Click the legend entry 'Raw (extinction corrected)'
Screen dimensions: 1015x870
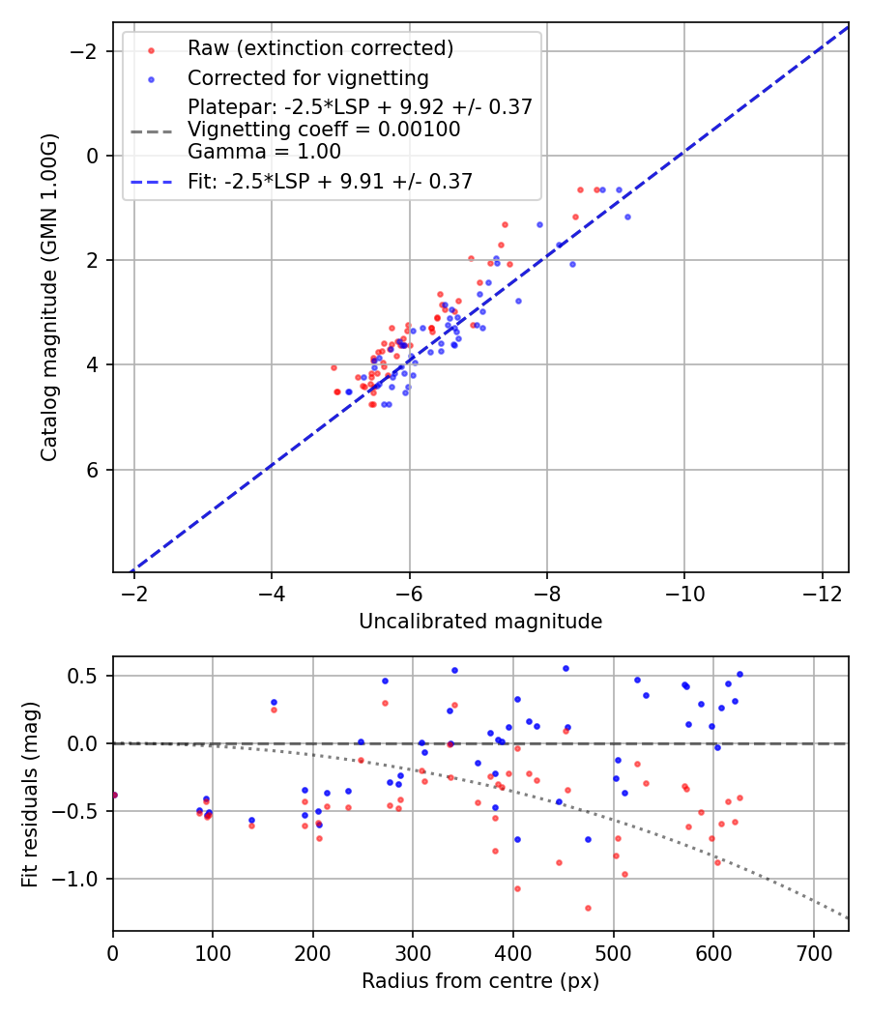click(x=320, y=48)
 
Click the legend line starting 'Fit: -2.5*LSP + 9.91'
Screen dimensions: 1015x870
click(x=330, y=181)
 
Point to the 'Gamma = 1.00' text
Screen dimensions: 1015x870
click(x=264, y=152)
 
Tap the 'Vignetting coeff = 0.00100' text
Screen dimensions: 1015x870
click(x=324, y=130)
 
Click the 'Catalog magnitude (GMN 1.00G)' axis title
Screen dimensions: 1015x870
click(x=49, y=297)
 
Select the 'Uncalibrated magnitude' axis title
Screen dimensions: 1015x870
click(x=480, y=622)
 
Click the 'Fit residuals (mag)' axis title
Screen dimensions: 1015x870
click(x=30, y=794)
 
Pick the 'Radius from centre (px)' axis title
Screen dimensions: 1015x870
click(x=480, y=981)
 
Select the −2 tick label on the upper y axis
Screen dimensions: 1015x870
click(x=89, y=50)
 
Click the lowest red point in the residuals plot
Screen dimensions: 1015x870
click(x=588, y=908)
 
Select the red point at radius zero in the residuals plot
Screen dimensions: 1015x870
click(x=114, y=795)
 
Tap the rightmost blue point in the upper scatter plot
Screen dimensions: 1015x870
click(x=627, y=217)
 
